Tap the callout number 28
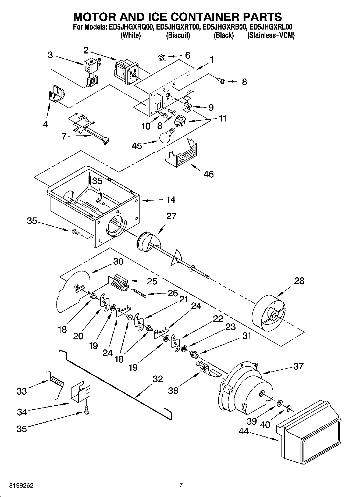click(299, 281)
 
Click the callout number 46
click(209, 174)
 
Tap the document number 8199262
click(22, 485)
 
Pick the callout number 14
click(171, 200)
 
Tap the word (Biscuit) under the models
click(178, 35)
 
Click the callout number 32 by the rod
click(158, 379)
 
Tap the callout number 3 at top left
click(50, 55)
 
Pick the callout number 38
click(173, 390)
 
